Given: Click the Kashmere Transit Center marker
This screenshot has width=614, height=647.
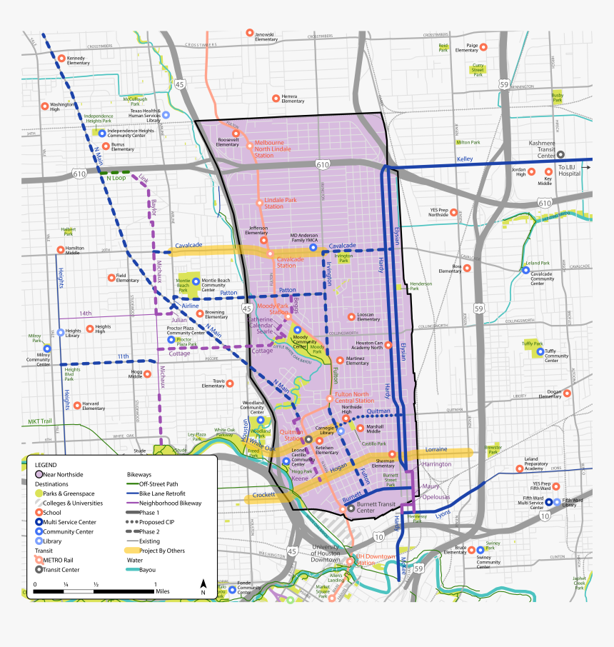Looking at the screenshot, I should (x=562, y=154).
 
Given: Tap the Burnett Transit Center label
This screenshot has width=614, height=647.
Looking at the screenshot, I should (x=376, y=507).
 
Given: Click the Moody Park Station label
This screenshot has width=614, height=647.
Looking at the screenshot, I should (x=273, y=309).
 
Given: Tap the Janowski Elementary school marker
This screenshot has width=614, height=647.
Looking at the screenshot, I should (x=249, y=34).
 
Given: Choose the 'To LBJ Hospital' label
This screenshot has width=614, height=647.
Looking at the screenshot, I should (x=570, y=171).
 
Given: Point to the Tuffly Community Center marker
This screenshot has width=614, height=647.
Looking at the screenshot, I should (x=540, y=351).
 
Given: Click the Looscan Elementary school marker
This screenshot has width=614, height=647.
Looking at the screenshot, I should (x=351, y=316).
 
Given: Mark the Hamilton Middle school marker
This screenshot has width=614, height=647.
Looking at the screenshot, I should (x=60, y=250).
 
